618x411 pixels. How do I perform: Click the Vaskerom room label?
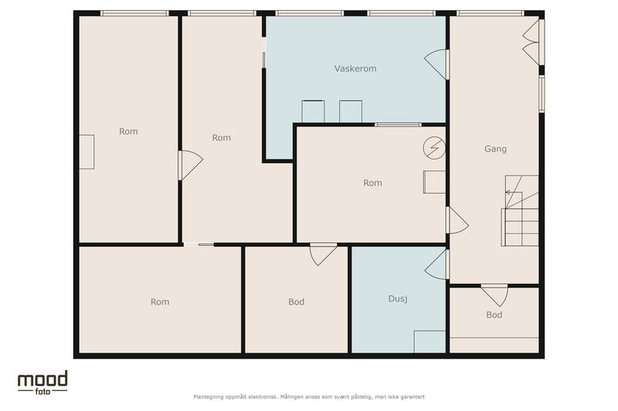click(355, 69)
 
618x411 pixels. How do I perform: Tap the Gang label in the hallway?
click(495, 149)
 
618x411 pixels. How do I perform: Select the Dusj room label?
click(398, 298)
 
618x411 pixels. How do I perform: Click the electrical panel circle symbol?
click(434, 148)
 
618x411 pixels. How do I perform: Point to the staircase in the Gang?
click(520, 211)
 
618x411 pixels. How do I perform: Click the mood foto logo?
click(42, 382)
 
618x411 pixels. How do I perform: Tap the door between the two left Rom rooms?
click(190, 165)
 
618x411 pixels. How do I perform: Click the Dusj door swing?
click(437, 264)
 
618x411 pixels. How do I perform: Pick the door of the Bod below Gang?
click(494, 295)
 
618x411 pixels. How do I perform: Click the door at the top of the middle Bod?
click(323, 254)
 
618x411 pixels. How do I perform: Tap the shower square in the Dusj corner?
click(430, 342)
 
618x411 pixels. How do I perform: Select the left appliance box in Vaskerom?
click(313, 111)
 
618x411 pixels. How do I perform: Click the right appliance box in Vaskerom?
click(351, 111)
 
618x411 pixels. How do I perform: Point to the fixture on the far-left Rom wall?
click(87, 152)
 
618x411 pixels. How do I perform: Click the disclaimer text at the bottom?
click(309, 397)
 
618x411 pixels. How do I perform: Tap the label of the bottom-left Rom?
click(160, 302)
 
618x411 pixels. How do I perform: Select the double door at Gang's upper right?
click(533, 42)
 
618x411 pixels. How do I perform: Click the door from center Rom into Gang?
click(457, 221)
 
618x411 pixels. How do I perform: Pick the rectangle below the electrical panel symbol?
click(434, 182)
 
